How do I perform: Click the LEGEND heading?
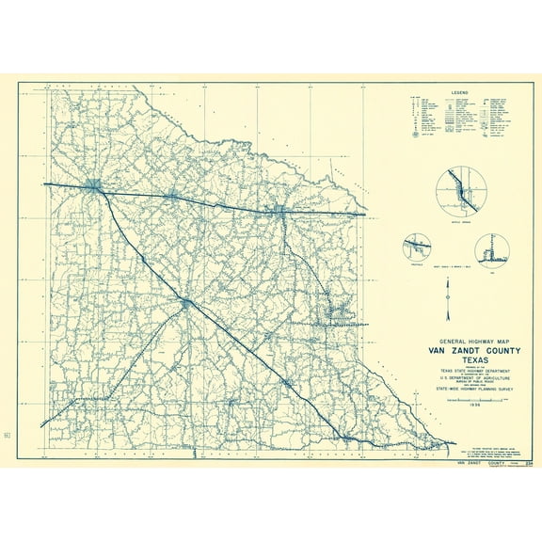(459, 92)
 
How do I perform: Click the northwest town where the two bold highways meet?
(95, 187)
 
